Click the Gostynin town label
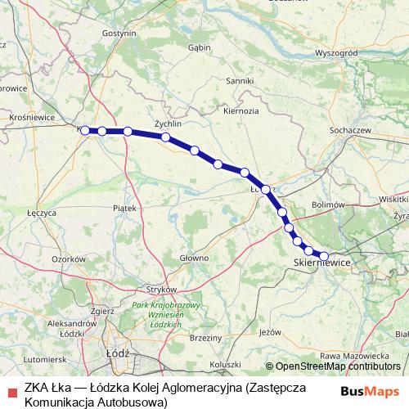[x=119, y=33]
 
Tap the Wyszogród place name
[x=337, y=52]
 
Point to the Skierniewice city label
[x=321, y=263]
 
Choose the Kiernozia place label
[x=240, y=110]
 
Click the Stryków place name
[x=160, y=290]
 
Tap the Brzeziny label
[x=205, y=338]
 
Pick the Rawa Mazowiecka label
[x=354, y=356]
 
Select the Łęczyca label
[x=41, y=212]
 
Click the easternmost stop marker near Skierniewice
[x=324, y=255]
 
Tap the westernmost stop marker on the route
[x=85, y=130]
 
